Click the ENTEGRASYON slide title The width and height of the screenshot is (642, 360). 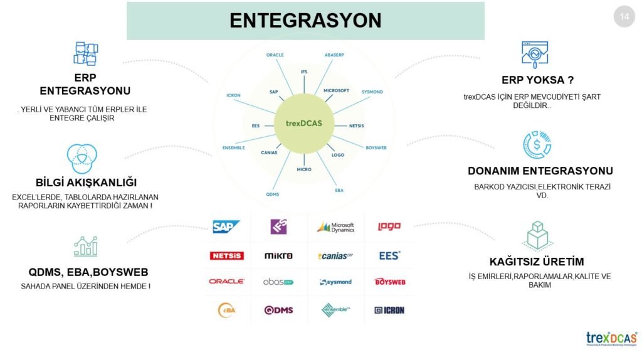point(305,20)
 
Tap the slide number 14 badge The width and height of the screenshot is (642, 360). point(624,17)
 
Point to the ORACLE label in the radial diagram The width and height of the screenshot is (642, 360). point(275,55)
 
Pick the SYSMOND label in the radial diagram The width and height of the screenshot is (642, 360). point(372,92)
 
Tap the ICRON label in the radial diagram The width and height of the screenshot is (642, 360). point(233,96)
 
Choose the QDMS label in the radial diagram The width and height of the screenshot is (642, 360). point(272,194)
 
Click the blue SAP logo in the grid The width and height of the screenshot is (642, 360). point(226,226)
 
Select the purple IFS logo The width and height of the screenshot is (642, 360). point(278,226)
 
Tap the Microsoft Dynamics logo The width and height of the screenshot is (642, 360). point(335,227)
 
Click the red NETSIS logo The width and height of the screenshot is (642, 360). point(226,255)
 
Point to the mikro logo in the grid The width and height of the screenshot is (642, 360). point(278,255)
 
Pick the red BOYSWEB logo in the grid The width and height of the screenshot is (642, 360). point(389,282)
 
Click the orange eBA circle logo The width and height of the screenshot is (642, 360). point(226,310)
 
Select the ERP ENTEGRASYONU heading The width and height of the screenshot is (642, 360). point(85,85)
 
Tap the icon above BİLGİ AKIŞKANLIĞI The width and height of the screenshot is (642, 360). point(82,158)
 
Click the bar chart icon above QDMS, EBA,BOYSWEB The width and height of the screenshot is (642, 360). point(85,246)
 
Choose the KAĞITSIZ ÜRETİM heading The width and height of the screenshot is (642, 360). point(537,262)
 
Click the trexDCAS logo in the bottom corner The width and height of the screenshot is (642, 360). point(611,339)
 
